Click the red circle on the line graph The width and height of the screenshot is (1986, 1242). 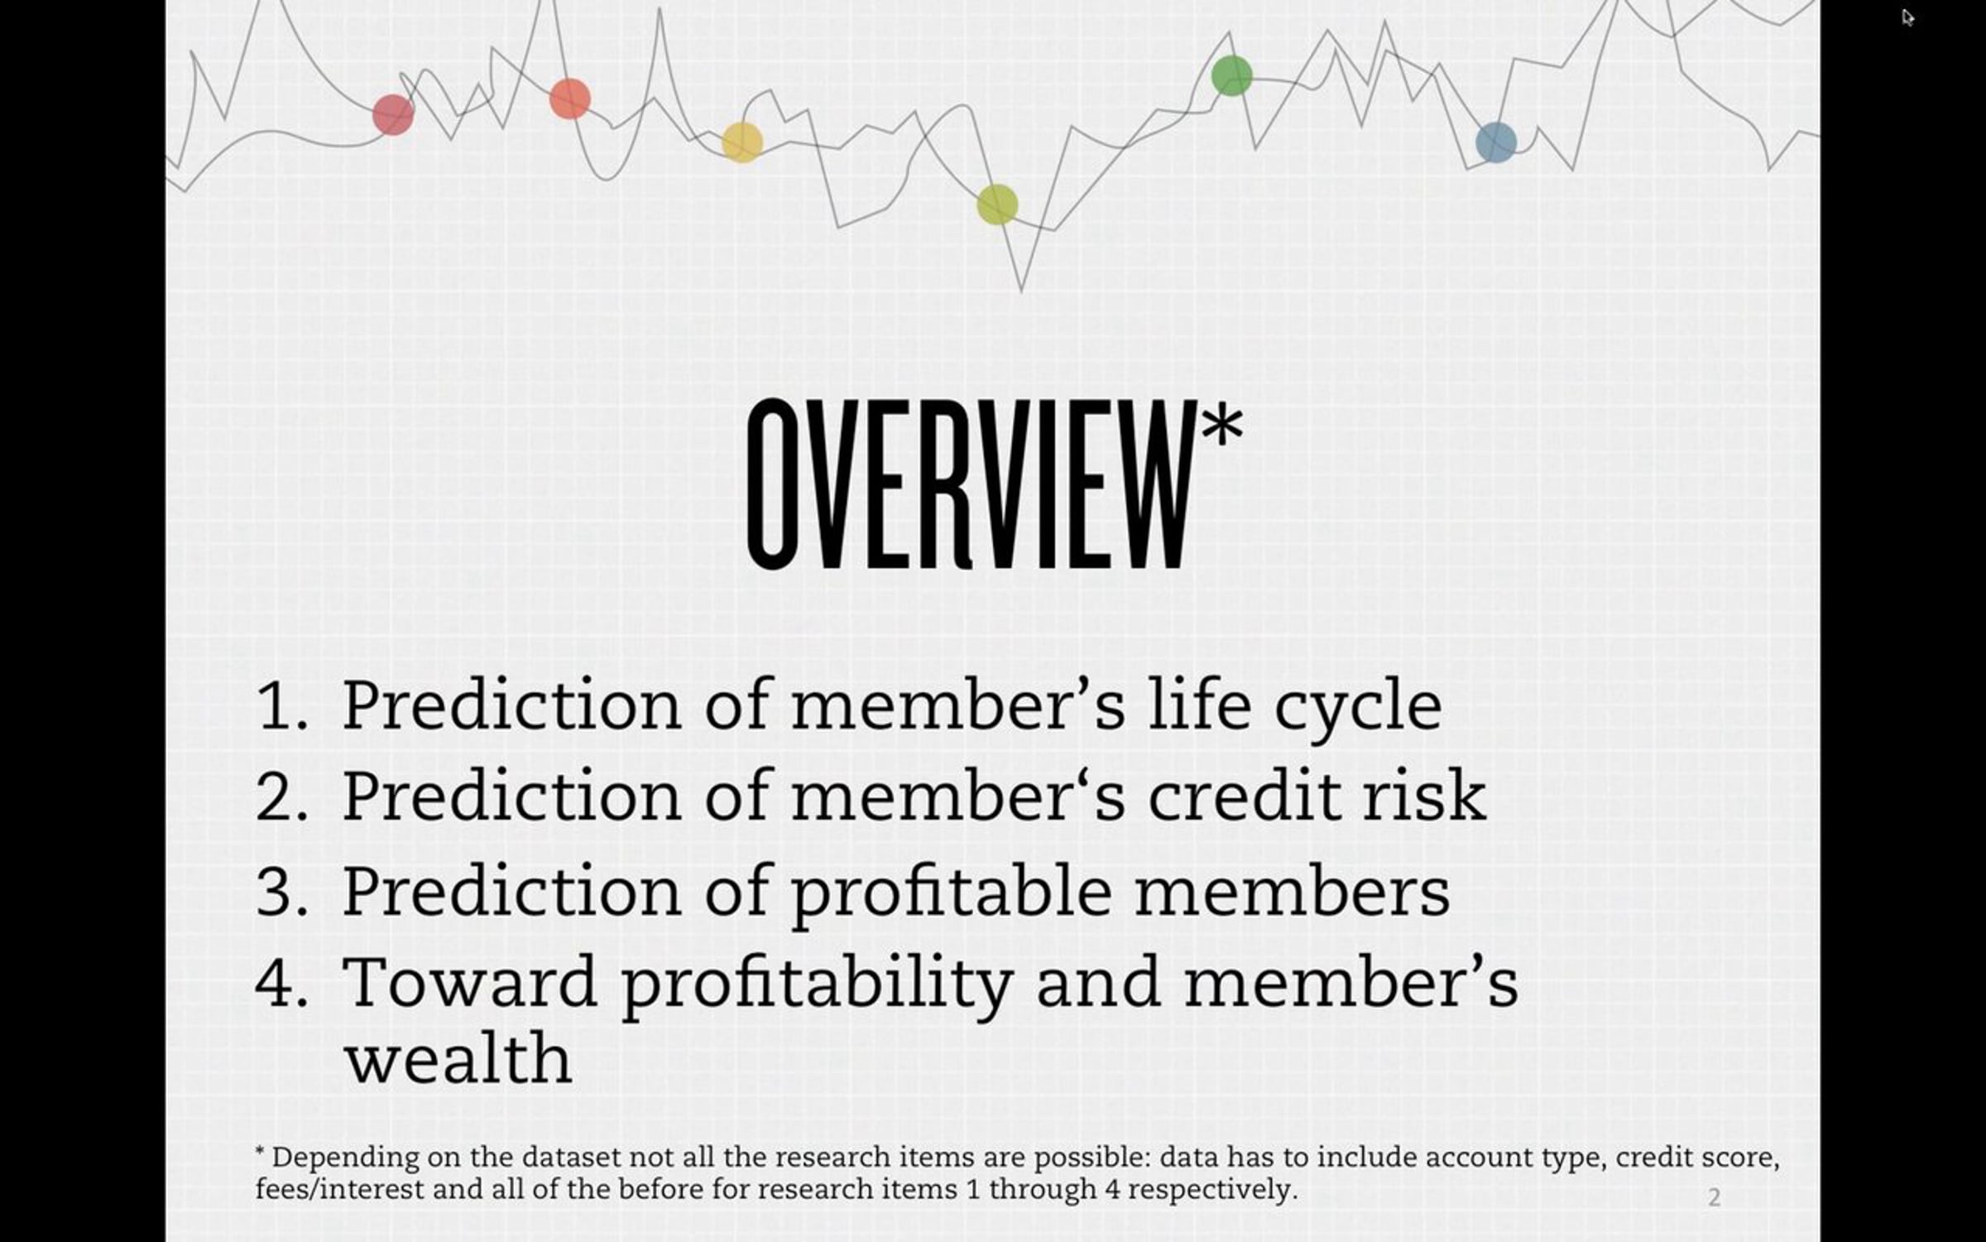click(x=393, y=114)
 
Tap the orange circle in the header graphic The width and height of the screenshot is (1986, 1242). click(x=570, y=99)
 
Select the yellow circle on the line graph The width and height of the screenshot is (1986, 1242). click(x=742, y=142)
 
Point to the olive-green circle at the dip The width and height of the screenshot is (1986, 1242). click(x=997, y=205)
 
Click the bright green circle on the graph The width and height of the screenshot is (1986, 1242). click(x=1231, y=75)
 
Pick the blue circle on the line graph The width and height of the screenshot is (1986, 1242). click(x=1496, y=142)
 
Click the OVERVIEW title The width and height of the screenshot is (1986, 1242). click(x=970, y=484)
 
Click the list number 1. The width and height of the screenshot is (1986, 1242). click(x=281, y=705)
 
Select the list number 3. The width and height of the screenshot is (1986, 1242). click(x=281, y=893)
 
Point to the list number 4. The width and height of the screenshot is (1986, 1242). click(x=281, y=984)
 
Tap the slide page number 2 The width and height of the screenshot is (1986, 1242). click(x=1714, y=1197)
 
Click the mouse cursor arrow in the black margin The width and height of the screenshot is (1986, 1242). click(x=1908, y=17)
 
